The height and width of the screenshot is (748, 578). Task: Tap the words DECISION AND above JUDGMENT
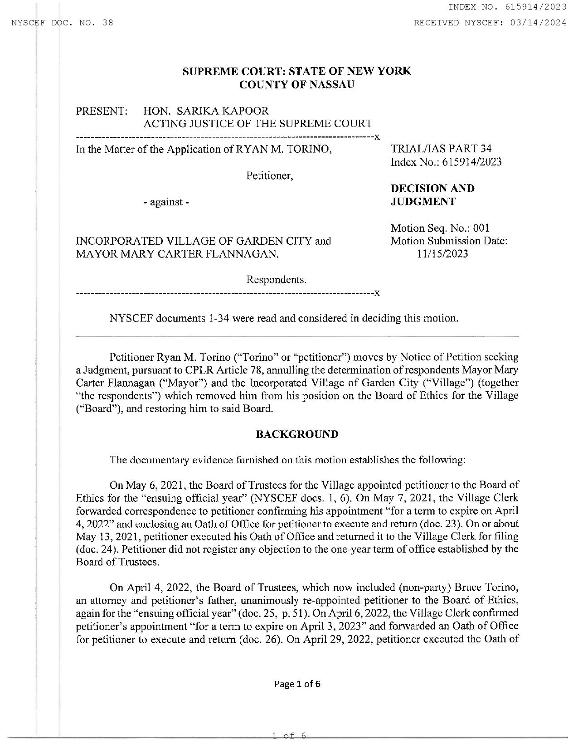click(x=432, y=188)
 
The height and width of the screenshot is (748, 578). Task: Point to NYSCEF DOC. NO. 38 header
click(x=62, y=23)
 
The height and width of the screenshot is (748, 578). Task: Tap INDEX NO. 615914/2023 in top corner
click(x=507, y=6)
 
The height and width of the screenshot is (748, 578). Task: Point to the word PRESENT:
click(x=102, y=111)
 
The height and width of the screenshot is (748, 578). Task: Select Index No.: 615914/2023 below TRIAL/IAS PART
click(x=446, y=162)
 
